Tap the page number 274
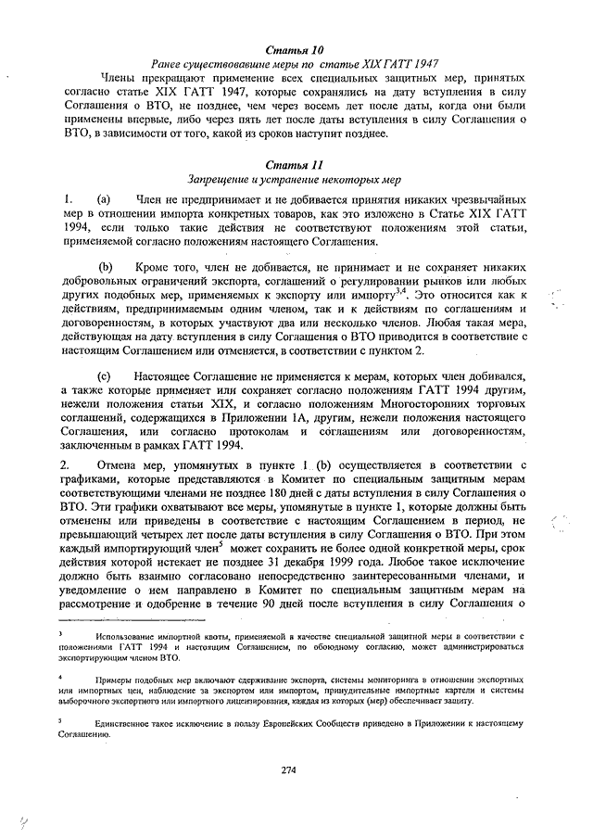pos(296,769)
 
